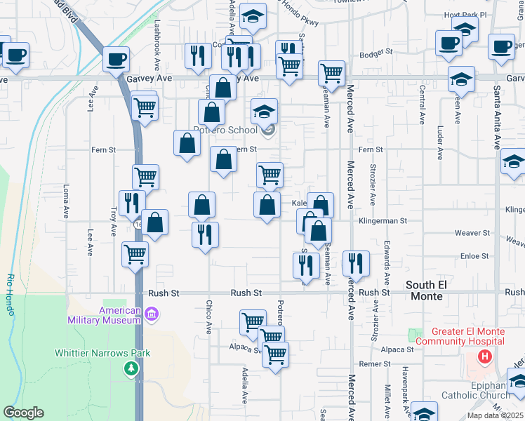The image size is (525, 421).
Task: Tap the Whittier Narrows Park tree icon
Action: click(x=131, y=368)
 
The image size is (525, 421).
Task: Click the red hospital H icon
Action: click(x=484, y=356)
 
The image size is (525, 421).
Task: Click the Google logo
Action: click(x=24, y=413)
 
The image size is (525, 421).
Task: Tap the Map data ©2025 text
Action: click(x=493, y=415)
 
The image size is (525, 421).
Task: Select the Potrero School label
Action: click(x=225, y=131)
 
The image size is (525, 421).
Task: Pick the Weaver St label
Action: click(x=472, y=232)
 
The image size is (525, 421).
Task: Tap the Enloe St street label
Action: click(x=474, y=257)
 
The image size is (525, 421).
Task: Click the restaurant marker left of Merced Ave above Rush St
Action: click(x=356, y=263)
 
